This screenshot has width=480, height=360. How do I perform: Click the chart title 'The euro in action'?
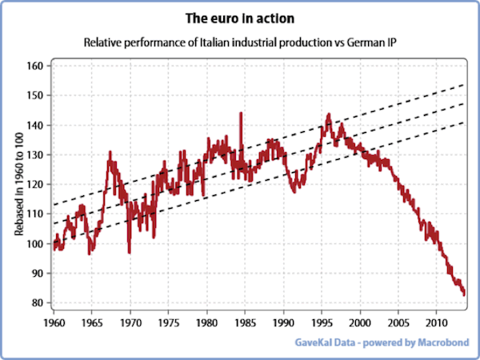(239, 18)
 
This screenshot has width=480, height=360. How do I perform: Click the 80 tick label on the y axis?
(36, 302)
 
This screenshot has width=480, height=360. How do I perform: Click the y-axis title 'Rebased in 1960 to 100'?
(17, 183)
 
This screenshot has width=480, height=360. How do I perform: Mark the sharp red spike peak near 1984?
(241, 114)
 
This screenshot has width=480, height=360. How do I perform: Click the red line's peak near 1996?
(328, 114)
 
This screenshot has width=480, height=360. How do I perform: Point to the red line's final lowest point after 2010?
(464, 294)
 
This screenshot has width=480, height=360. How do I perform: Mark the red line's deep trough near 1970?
(130, 252)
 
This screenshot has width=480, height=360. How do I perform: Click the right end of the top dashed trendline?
(465, 84)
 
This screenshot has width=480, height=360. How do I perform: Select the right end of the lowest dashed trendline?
(465, 122)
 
